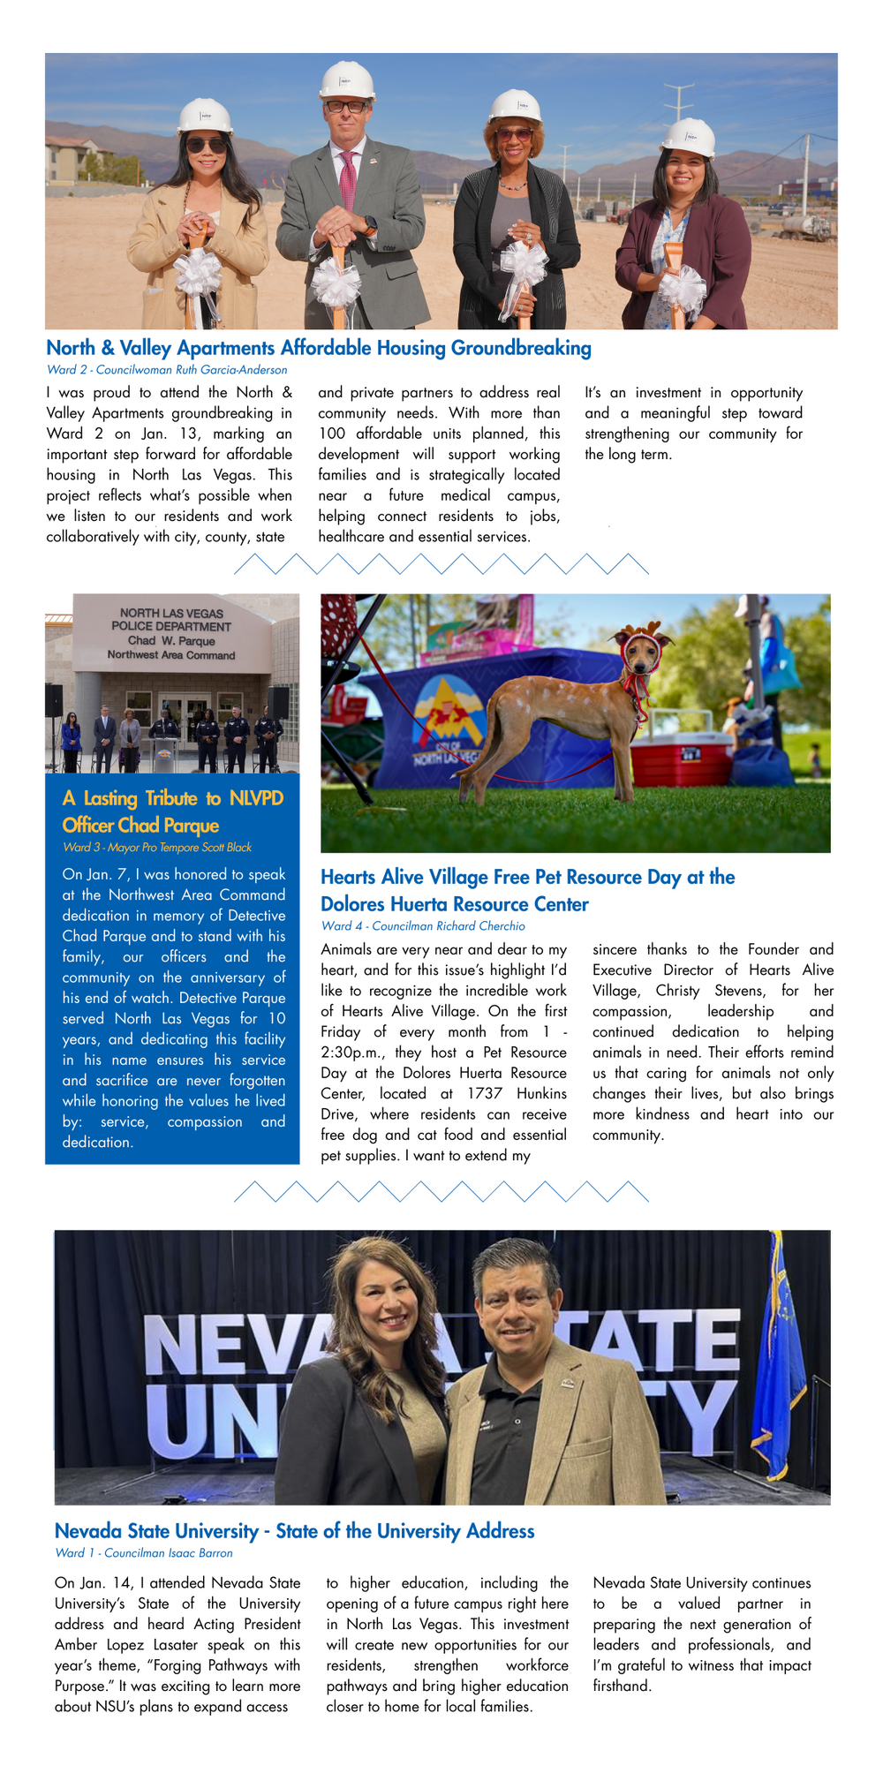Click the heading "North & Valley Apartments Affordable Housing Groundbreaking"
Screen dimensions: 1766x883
pos(319,348)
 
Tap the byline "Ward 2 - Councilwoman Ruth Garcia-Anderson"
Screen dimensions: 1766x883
pos(167,370)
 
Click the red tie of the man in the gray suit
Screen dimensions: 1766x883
pos(347,180)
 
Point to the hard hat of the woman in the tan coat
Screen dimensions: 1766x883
pos(205,117)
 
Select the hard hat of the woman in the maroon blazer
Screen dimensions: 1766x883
pos(689,138)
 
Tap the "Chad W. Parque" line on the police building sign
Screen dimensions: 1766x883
pos(171,641)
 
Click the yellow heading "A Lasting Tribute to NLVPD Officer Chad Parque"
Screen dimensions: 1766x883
pos(173,811)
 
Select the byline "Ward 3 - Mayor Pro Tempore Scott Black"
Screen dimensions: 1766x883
pos(157,848)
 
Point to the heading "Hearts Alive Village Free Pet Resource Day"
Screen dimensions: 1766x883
pos(527,890)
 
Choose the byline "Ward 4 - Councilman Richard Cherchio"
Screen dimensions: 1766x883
pos(423,926)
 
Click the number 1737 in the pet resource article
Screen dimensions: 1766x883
pos(485,1094)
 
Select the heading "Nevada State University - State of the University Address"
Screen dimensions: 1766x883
pos(294,1531)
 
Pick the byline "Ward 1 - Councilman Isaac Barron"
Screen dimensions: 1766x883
pos(144,1553)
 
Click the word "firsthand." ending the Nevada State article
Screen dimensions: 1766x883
pos(622,1687)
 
